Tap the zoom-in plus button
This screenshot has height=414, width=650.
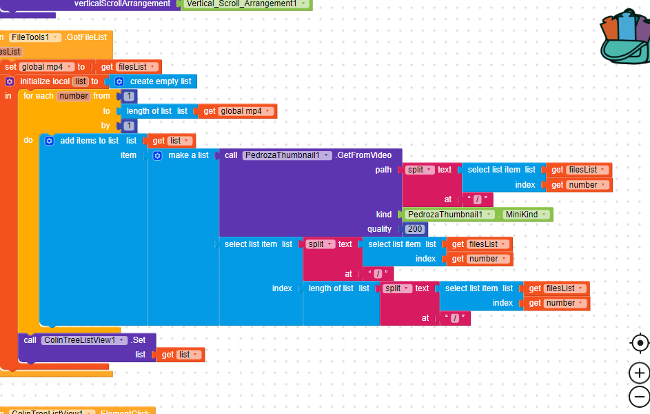639,373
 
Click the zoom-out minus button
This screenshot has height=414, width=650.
639,397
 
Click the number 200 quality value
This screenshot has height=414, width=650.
415,229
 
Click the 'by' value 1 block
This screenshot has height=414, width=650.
128,126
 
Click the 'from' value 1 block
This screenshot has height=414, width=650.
128,96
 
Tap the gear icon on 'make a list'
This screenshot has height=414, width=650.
157,156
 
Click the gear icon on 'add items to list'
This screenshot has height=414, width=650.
49,141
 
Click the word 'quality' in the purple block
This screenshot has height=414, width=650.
379,229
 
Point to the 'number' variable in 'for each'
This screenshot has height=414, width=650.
73,96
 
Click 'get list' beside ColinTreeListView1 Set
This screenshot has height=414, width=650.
180,355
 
